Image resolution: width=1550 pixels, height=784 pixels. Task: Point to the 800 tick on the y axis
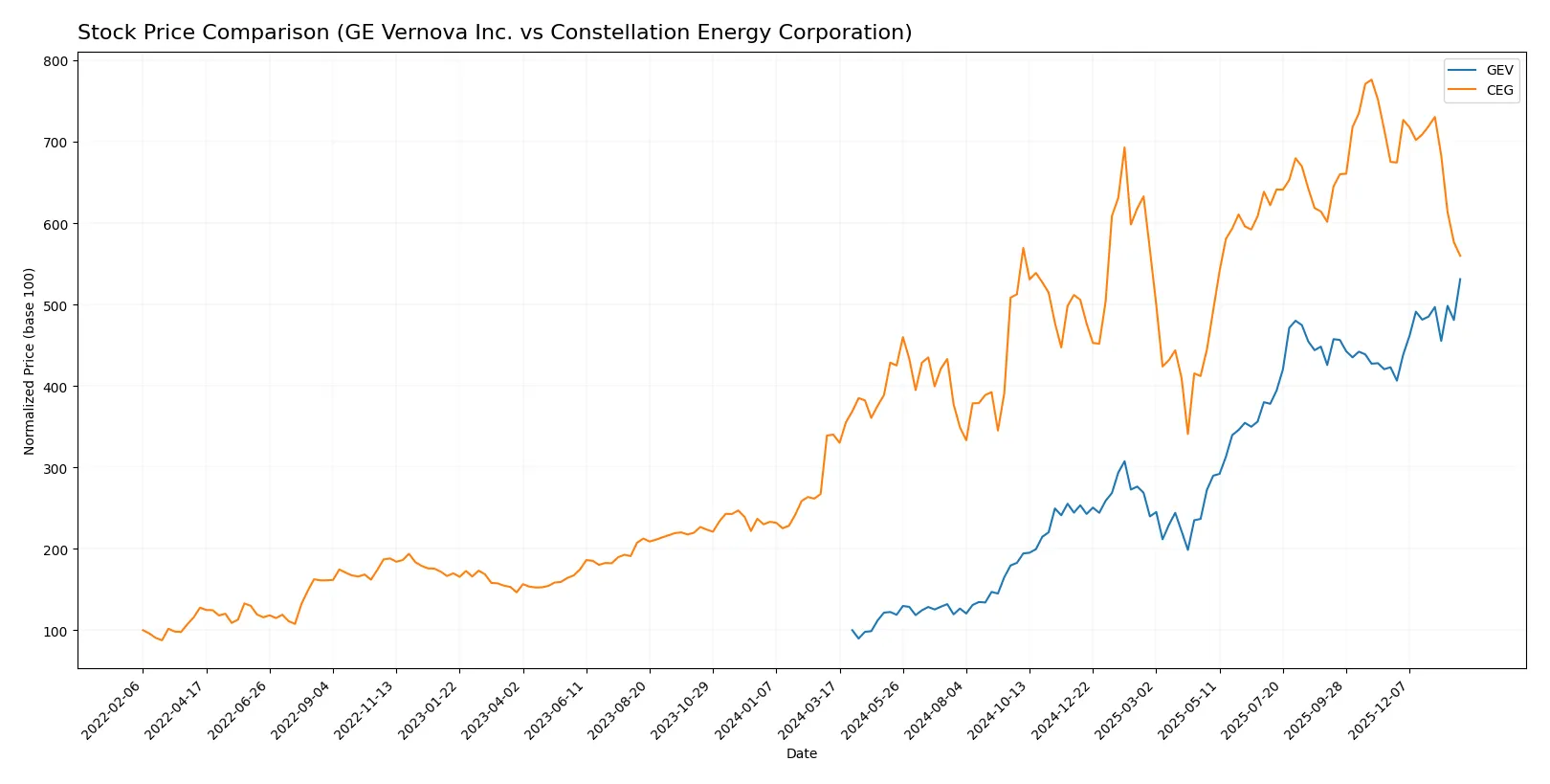pyautogui.click(x=55, y=61)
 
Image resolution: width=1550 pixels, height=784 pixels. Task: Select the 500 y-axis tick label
pyautogui.click(x=55, y=305)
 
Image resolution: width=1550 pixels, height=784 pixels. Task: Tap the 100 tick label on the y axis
pyautogui.click(x=55, y=631)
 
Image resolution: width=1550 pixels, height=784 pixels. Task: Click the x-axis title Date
pyautogui.click(x=801, y=753)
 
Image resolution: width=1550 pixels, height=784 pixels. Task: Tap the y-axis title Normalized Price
pyautogui.click(x=30, y=361)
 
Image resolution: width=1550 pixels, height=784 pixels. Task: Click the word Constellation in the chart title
pyautogui.click(x=609, y=33)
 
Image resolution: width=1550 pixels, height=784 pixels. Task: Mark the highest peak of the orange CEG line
pyautogui.click(x=1371, y=79)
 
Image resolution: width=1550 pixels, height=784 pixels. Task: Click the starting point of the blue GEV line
pyautogui.click(x=852, y=630)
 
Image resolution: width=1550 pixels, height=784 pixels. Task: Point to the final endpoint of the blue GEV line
pyautogui.click(x=1460, y=280)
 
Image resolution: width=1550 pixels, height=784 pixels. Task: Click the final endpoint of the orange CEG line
pyautogui.click(x=1460, y=256)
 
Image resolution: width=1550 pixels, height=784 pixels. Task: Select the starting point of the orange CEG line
pyautogui.click(x=143, y=630)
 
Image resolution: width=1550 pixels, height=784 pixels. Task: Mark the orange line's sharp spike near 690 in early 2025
pyautogui.click(x=1124, y=147)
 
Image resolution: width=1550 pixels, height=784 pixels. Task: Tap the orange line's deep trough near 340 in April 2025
pyautogui.click(x=1187, y=434)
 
